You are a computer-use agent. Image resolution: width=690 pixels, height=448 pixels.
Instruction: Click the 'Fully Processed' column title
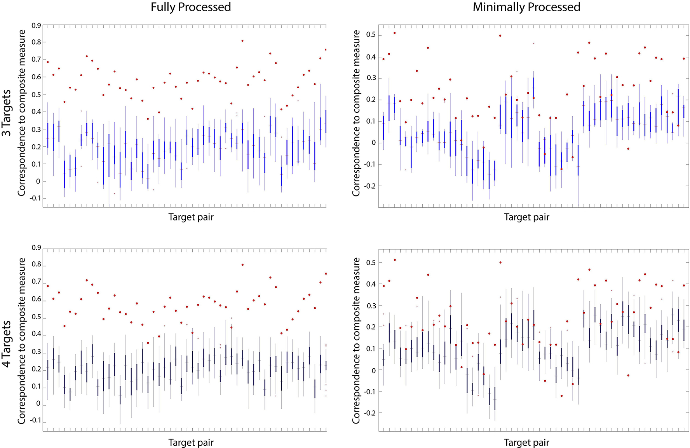[191, 7]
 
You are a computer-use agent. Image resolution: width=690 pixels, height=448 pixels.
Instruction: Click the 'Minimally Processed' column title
[526, 7]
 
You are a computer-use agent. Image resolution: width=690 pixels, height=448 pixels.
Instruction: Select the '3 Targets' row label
[7, 113]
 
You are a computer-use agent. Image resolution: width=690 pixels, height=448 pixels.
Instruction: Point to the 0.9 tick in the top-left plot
[36, 26]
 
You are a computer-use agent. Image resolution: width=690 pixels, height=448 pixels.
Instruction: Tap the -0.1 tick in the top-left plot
[35, 198]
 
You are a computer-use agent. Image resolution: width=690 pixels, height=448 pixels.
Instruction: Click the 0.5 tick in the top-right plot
[371, 35]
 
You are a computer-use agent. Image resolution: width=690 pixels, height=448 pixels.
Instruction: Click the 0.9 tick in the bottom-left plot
[36, 248]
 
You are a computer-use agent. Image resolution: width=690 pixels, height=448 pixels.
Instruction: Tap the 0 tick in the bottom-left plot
[38, 404]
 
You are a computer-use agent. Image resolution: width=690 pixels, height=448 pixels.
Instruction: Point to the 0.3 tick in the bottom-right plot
[371, 306]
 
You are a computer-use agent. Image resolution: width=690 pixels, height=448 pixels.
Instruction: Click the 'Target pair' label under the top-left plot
[191, 217]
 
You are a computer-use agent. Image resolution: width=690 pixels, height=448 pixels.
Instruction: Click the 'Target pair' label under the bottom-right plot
[526, 443]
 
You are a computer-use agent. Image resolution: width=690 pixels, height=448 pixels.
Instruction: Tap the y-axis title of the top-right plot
[356, 113]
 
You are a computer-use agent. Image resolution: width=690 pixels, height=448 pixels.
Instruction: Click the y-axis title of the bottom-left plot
[22, 341]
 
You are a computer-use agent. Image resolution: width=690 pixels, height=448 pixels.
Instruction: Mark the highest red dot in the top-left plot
[242, 40]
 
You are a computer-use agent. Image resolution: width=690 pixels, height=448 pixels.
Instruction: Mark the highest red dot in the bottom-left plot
[242, 265]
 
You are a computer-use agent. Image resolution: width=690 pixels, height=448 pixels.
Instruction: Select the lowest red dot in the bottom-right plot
[561, 396]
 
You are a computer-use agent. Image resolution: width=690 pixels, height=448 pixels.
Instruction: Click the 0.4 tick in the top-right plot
[371, 57]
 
